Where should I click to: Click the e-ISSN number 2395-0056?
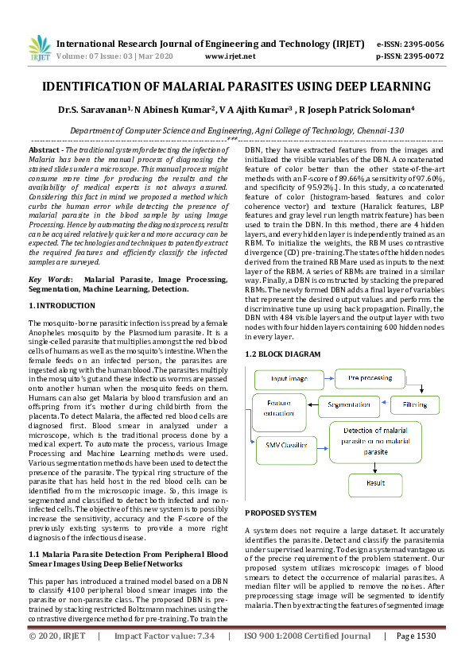point(421,44)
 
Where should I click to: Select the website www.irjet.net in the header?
point(230,56)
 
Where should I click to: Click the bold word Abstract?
point(45,149)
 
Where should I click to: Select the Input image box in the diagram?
point(290,379)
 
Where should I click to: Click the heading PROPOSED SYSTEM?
point(281,513)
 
